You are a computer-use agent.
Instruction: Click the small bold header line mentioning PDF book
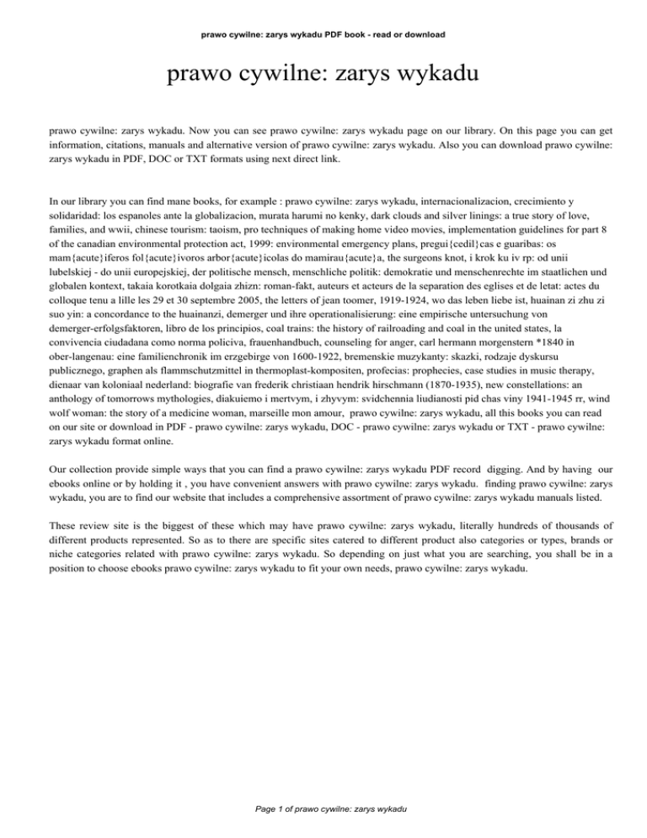(x=323, y=35)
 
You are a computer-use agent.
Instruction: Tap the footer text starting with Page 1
(x=323, y=808)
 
